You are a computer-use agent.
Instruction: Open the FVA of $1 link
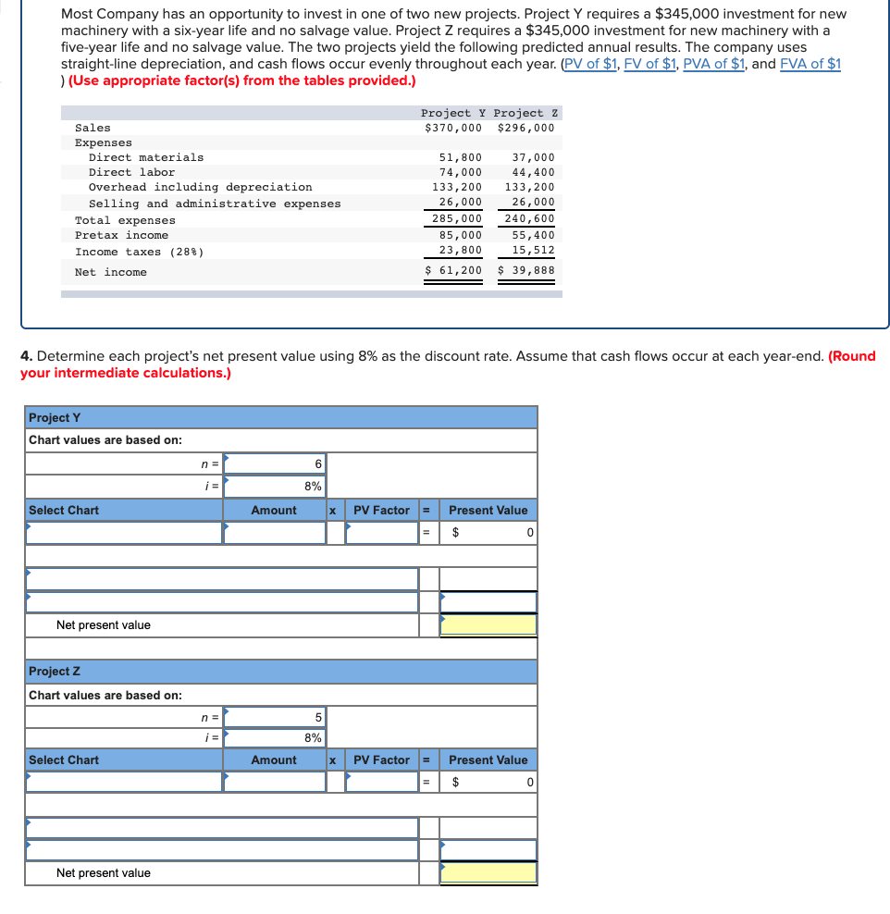tap(810, 64)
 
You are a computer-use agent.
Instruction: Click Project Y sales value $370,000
tap(452, 128)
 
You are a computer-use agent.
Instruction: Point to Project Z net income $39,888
tap(526, 271)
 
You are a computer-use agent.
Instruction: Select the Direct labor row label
tap(131, 172)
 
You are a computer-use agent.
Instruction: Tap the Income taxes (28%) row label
tap(139, 252)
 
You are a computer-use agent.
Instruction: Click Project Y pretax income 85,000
tap(460, 235)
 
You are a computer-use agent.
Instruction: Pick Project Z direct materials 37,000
tap(533, 157)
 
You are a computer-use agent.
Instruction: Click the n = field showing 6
tap(275, 463)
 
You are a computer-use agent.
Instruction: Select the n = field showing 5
tap(275, 717)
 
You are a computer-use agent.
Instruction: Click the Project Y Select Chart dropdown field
tap(124, 533)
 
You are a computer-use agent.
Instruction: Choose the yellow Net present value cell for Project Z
tap(488, 872)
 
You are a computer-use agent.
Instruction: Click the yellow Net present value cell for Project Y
tap(488, 625)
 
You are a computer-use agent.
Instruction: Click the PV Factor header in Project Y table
tap(381, 510)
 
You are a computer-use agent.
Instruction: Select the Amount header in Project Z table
tap(274, 760)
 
